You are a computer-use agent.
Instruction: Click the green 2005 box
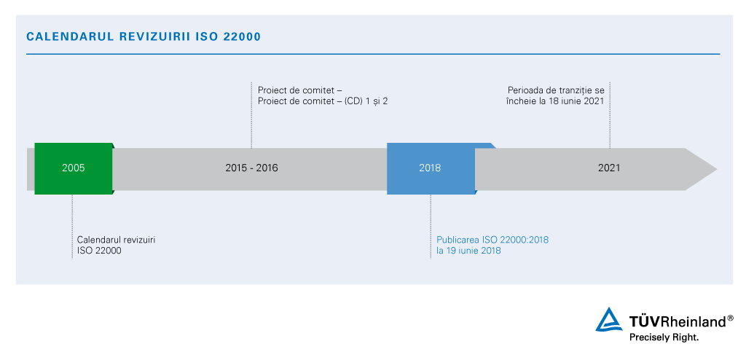73,168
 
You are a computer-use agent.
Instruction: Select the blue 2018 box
430,168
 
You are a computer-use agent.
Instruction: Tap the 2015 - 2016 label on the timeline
251,168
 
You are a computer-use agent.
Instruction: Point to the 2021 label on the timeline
609,168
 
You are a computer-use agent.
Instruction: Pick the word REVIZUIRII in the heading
153,36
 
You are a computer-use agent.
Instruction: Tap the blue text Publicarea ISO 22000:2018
492,240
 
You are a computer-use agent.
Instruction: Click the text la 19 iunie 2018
468,251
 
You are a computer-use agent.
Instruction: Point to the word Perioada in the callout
527,90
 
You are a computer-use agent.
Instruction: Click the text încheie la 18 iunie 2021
555,101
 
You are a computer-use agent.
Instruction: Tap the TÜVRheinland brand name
677,321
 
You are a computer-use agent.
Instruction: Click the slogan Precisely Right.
664,337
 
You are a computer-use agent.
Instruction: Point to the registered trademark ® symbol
730,318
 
